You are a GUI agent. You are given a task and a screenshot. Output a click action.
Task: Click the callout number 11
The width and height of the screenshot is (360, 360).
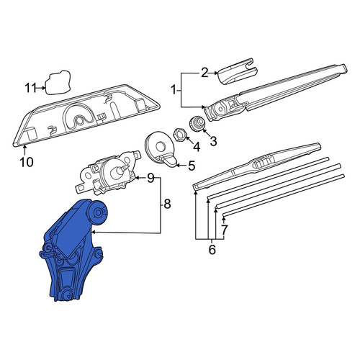click(30, 88)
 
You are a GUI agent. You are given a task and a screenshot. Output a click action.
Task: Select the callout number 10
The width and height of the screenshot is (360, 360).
click(27, 162)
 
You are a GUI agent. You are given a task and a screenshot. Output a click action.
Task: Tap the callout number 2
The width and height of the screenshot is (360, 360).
click(204, 73)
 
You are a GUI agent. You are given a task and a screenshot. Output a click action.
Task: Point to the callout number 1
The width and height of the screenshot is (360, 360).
click(174, 91)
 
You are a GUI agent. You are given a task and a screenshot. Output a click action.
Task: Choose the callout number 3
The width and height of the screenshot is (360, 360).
click(213, 141)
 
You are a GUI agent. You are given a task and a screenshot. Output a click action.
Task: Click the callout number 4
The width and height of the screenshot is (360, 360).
click(197, 147)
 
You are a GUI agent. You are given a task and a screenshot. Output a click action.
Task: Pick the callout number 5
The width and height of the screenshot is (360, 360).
click(192, 166)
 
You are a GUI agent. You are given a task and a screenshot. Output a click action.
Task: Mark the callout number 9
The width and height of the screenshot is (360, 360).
click(150, 178)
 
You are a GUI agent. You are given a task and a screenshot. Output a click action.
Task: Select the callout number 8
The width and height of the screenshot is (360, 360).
click(167, 204)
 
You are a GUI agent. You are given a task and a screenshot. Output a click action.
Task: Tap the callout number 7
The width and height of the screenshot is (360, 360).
click(224, 230)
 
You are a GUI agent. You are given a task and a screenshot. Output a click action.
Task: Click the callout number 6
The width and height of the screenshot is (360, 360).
click(212, 250)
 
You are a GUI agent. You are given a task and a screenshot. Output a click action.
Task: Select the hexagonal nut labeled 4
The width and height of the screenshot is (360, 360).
click(179, 135)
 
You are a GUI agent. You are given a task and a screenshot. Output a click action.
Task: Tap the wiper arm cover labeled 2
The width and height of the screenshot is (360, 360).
click(237, 71)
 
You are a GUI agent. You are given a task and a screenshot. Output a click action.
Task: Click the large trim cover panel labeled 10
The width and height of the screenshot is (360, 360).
click(86, 115)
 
